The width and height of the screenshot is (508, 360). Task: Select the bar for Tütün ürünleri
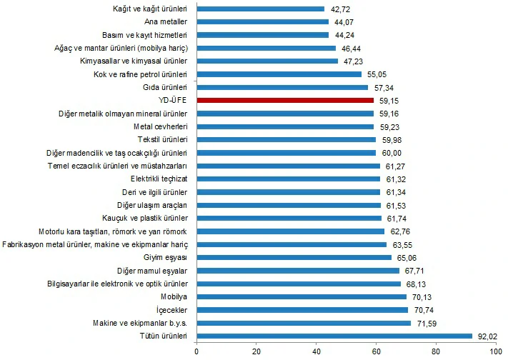(x=334, y=336)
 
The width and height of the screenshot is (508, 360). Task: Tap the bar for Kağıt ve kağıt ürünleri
(x=260, y=9)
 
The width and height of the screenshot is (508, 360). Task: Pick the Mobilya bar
(x=301, y=296)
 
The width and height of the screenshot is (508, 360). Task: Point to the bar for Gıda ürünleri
(x=282, y=87)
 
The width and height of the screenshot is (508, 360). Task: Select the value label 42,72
(x=338, y=9)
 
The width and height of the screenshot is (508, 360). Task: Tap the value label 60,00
(x=389, y=153)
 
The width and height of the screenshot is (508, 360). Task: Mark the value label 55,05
(x=375, y=74)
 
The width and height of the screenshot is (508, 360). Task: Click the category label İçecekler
(x=169, y=310)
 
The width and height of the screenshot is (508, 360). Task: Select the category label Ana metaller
(x=165, y=21)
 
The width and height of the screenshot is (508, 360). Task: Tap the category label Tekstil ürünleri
(x=162, y=139)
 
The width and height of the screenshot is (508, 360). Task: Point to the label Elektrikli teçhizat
(x=159, y=179)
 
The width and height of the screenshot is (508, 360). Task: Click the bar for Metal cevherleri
(x=284, y=126)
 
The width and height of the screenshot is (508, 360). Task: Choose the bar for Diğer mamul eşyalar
(x=297, y=271)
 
